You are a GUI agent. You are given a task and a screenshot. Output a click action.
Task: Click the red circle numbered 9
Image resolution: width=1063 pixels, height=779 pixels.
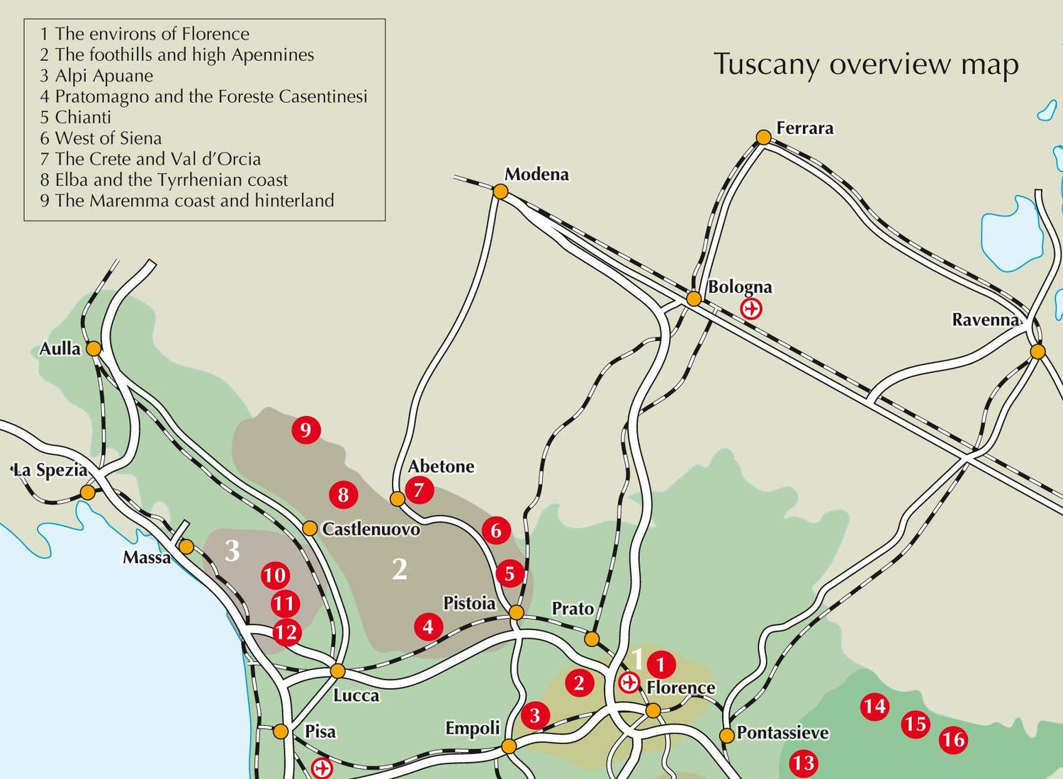tap(305, 430)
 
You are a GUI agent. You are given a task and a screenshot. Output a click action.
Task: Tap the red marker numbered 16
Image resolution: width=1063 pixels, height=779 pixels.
tap(953, 740)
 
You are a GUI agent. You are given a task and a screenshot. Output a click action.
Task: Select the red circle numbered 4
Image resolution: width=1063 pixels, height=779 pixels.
tap(428, 627)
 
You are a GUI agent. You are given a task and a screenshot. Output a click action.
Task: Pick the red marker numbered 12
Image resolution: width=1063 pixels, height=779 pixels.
tap(286, 632)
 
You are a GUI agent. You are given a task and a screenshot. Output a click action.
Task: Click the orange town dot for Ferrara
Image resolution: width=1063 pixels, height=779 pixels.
tap(763, 137)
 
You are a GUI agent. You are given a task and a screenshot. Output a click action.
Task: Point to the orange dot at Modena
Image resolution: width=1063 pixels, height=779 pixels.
tap(500, 191)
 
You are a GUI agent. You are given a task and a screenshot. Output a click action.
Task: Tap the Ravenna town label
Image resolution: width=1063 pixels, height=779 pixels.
tap(985, 320)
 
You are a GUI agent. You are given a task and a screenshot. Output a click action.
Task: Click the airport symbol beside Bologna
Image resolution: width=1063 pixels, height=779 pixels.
tap(751, 309)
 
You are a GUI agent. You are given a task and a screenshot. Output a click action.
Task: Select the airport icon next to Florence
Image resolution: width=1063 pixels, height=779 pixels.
tap(629, 683)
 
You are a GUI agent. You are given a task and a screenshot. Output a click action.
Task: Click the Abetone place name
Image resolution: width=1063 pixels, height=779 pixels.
tap(441, 466)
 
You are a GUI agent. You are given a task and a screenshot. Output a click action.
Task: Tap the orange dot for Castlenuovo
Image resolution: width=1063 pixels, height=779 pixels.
tap(310, 528)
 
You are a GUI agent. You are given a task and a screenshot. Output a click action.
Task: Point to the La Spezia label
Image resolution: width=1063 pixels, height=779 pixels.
tap(50, 470)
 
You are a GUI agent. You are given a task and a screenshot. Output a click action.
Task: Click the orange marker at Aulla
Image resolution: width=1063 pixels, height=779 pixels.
tap(94, 348)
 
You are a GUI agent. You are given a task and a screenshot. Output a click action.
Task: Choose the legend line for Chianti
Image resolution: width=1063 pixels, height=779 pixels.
tap(76, 117)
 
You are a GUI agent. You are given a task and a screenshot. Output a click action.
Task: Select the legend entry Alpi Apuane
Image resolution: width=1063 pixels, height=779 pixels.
tap(96, 76)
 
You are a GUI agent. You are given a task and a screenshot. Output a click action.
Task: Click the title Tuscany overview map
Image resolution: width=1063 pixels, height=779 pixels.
tap(866, 64)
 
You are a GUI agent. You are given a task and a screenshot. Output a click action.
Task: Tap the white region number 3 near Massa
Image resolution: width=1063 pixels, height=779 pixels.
tap(232, 551)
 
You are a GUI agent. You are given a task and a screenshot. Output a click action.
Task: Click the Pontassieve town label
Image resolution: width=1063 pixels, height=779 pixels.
tap(782, 732)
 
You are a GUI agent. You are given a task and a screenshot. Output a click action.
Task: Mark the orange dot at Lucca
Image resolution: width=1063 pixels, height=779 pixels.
tap(338, 671)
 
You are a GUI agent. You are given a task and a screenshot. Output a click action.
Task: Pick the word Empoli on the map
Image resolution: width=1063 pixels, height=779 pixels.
tap(472, 728)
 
